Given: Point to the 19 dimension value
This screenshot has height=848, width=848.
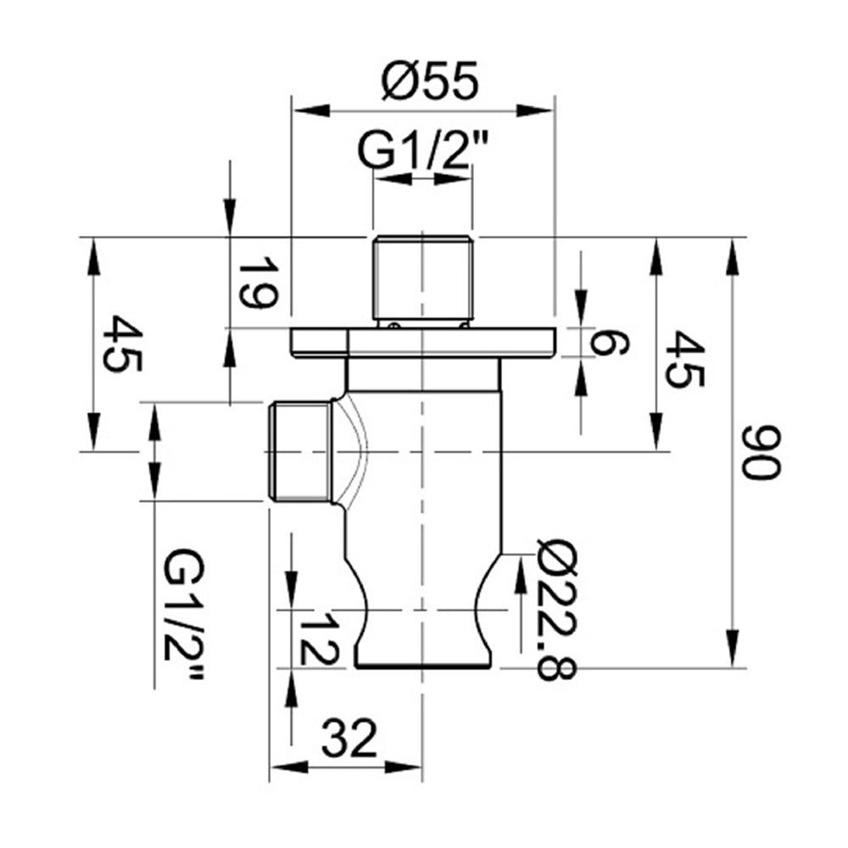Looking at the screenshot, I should coord(256,286).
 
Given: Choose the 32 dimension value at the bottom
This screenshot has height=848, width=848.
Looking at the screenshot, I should coord(348,742).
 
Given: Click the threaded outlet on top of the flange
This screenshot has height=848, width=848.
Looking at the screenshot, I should coord(421,276).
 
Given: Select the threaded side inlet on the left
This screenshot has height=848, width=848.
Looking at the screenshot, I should coord(298,452).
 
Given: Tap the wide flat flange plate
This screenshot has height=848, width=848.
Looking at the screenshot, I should coord(421,343).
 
